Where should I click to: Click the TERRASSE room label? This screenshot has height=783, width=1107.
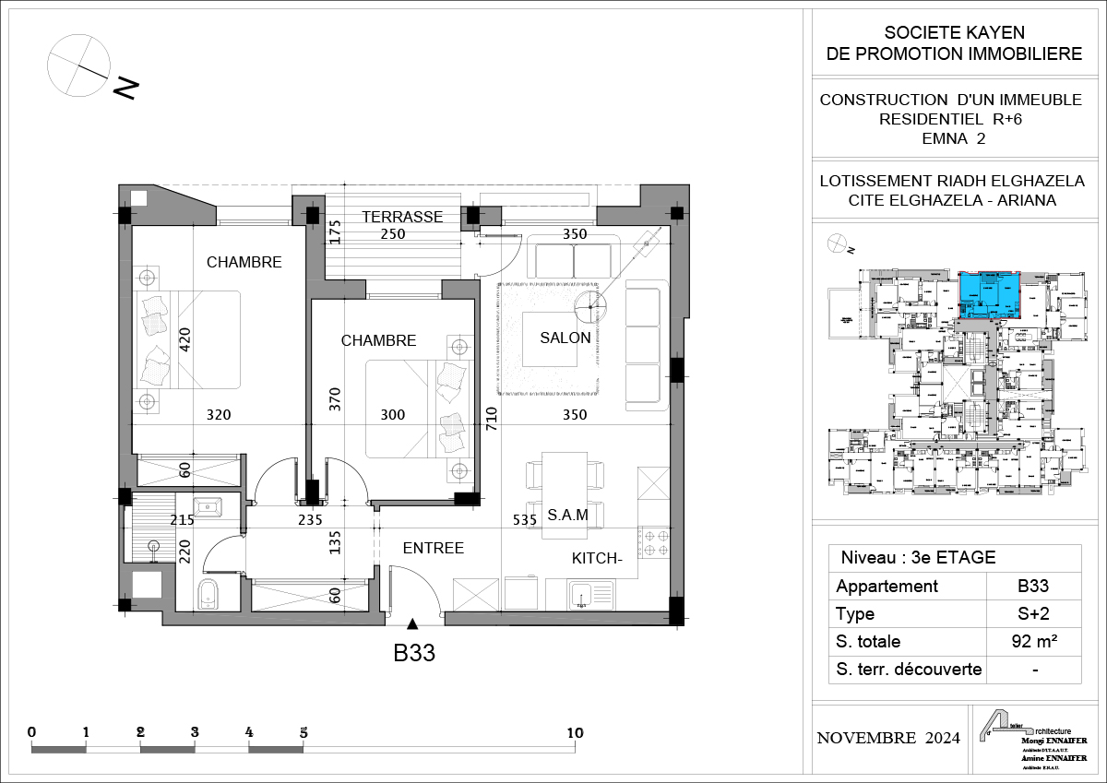pyautogui.click(x=401, y=217)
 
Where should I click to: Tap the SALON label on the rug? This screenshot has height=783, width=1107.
pyautogui.click(x=565, y=338)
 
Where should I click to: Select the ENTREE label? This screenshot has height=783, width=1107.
pyautogui.click(x=433, y=548)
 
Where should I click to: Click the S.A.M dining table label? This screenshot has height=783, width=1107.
pyautogui.click(x=568, y=514)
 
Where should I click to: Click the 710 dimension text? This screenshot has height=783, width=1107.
pyautogui.click(x=491, y=420)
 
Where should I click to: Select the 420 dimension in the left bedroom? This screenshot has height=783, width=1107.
pyautogui.click(x=184, y=341)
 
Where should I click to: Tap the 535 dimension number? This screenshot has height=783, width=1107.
pyautogui.click(x=525, y=520)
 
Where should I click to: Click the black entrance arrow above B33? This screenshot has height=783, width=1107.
pyautogui.click(x=413, y=623)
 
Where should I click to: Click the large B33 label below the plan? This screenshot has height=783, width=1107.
pyautogui.click(x=414, y=654)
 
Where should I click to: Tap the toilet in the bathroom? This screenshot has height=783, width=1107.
pyautogui.click(x=208, y=595)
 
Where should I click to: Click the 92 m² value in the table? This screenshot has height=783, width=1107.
pyautogui.click(x=1034, y=641)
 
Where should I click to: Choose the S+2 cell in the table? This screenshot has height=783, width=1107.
pyautogui.click(x=1034, y=613)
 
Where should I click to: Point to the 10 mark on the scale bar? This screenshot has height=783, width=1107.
pyautogui.click(x=575, y=733)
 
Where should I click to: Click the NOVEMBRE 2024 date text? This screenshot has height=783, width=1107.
pyautogui.click(x=888, y=738)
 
